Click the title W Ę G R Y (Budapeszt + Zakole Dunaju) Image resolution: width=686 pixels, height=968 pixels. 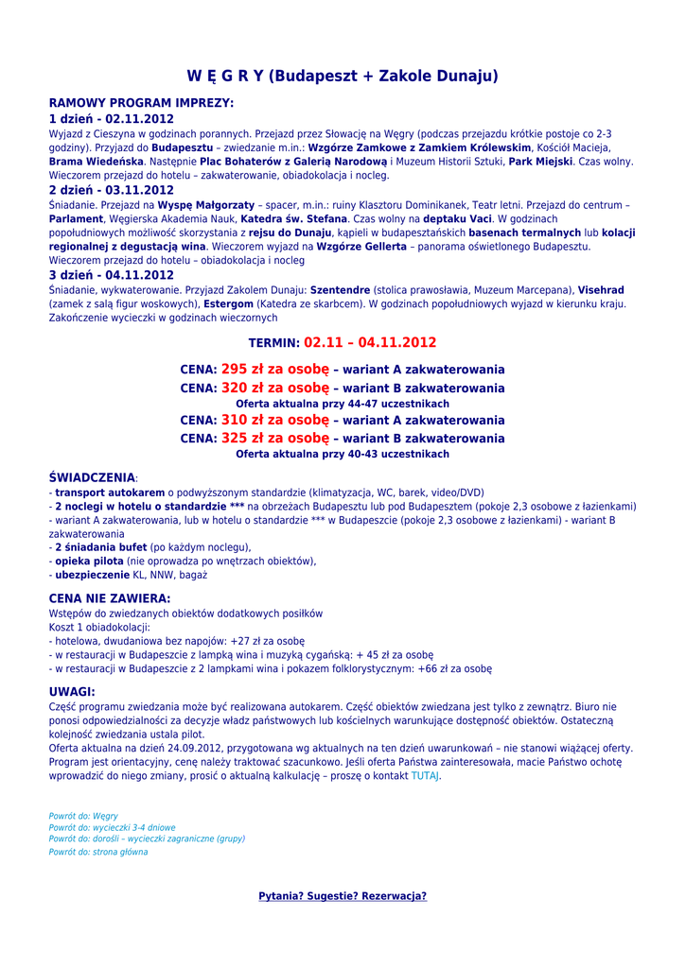tap(343, 76)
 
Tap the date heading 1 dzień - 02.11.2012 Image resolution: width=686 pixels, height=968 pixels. tap(111, 119)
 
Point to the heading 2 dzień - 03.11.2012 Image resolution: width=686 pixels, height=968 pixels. tap(111, 190)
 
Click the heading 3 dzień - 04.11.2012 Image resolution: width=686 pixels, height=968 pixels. tap(111, 275)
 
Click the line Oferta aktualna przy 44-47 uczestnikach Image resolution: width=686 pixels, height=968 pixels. tap(343, 404)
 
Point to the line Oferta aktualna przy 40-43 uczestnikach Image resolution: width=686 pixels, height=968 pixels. tap(343, 455)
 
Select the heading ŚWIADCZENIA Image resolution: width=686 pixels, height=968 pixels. tap(92, 478)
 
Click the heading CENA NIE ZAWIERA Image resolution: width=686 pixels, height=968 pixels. tap(110, 598)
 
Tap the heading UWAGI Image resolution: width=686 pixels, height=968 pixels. tap(72, 692)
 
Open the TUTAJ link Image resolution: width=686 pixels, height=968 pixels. tap(425, 776)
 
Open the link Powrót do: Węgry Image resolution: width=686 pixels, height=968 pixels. tap(83, 816)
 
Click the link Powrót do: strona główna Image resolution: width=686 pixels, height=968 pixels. tap(98, 852)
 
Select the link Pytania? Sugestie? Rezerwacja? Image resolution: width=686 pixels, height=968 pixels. tap(343, 896)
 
